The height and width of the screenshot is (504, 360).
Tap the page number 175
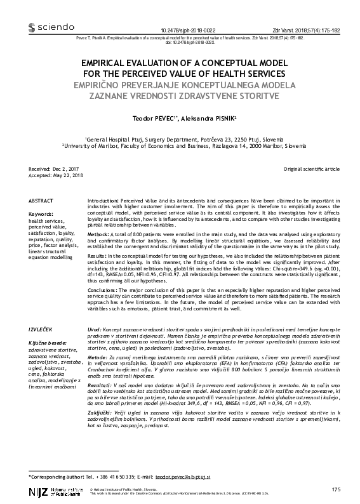click(x=336, y=489)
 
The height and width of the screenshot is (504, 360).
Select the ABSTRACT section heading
click(x=41, y=200)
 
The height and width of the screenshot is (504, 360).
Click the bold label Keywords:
click(x=43, y=215)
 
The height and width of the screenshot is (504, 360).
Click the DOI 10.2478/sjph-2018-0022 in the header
click(x=189, y=30)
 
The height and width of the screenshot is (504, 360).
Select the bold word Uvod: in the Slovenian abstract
click(x=94, y=331)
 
